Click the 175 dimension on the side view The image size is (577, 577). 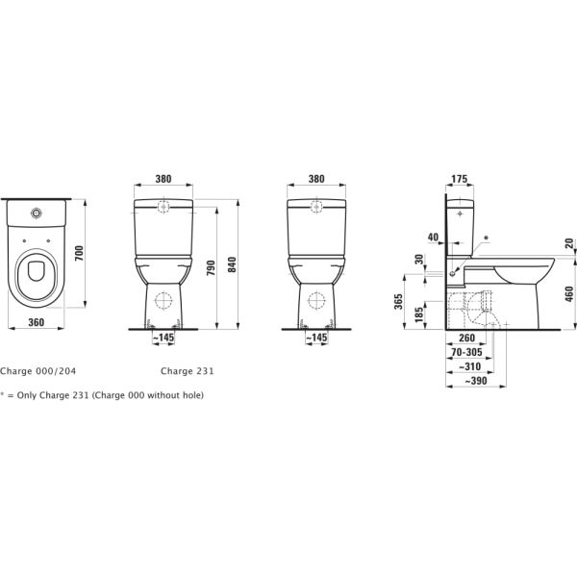click(x=459, y=179)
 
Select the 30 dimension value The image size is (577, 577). click(x=419, y=261)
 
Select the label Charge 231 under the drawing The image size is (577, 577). click(x=187, y=370)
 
